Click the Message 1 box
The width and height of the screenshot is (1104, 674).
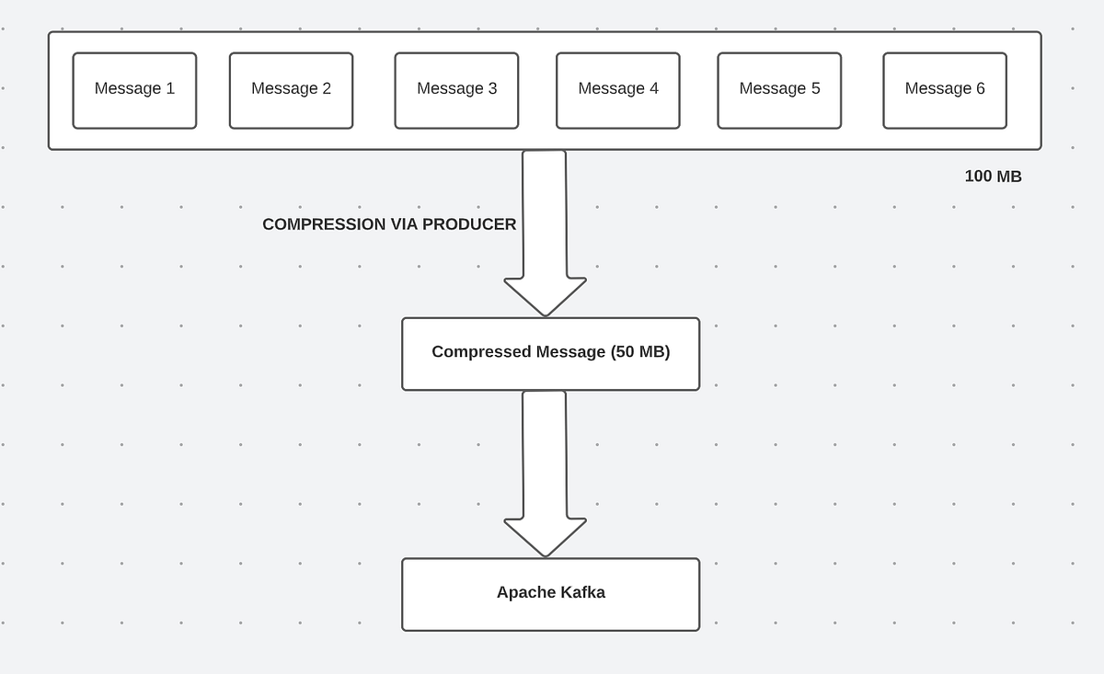(x=134, y=90)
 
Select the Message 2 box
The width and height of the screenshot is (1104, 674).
(x=291, y=90)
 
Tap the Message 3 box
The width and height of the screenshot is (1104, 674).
(x=456, y=90)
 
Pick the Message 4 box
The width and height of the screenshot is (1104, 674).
(x=617, y=90)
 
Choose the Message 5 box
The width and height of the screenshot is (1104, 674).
(x=779, y=90)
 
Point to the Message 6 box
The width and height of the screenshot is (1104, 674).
(x=944, y=90)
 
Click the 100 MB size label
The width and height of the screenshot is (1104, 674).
(x=993, y=177)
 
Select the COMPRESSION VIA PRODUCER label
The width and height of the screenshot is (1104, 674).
(x=389, y=224)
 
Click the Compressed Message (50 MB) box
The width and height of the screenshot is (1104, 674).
(x=550, y=353)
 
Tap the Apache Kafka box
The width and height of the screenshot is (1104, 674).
(x=550, y=594)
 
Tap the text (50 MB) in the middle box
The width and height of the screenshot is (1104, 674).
(x=640, y=352)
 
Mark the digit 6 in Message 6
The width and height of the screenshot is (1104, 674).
(x=980, y=88)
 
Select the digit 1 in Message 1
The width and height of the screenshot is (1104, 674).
(x=170, y=88)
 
